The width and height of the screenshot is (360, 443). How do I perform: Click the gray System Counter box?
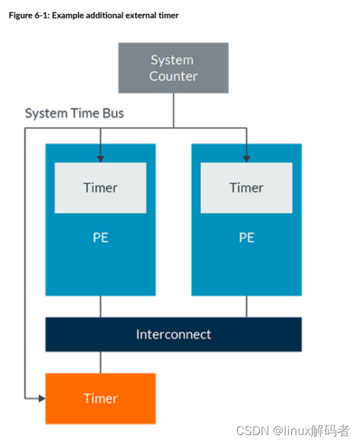click(173, 68)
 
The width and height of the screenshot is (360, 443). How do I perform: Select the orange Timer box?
click(100, 398)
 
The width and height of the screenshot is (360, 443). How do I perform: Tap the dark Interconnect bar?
click(173, 334)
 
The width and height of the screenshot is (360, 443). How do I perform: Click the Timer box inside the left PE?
click(100, 188)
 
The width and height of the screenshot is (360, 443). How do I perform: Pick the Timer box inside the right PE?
click(247, 188)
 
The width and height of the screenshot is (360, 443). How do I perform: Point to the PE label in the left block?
click(101, 237)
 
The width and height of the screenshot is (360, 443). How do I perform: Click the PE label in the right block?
click(247, 237)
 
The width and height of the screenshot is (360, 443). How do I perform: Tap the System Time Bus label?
click(75, 113)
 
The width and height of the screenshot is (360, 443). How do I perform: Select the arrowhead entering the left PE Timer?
click(100, 159)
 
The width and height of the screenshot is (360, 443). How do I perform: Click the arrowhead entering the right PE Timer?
click(247, 159)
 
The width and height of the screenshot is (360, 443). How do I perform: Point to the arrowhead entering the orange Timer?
click(42, 399)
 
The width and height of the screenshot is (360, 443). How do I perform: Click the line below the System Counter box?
click(173, 111)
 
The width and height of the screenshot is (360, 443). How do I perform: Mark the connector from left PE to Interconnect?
click(101, 307)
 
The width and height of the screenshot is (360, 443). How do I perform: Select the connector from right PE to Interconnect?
click(247, 307)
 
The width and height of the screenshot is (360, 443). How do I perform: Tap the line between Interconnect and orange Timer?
click(101, 362)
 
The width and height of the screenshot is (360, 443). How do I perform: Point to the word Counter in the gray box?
click(173, 76)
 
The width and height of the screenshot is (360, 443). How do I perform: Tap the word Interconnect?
click(173, 334)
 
